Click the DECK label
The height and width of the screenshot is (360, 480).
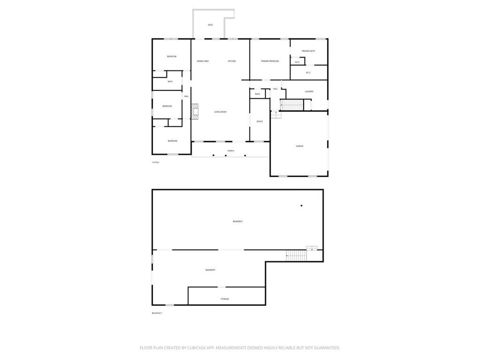tap(210, 25)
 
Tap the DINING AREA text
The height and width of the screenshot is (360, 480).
tap(203, 61)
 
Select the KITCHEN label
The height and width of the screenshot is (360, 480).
tap(232, 61)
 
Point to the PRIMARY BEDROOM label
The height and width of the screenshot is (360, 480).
tap(270, 61)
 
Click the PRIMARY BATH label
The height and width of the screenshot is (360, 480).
tap(308, 51)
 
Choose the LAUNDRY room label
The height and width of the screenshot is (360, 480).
tap(309, 91)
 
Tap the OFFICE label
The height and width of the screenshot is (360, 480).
tap(260, 121)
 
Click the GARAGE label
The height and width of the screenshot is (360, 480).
tap(300, 146)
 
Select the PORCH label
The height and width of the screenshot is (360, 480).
tap(231, 150)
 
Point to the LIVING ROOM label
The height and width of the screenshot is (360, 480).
tap(220, 112)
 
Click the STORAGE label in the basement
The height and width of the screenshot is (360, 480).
tap(225, 299)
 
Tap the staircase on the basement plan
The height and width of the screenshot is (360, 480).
tap(296, 255)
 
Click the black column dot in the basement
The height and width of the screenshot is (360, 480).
tap(301, 206)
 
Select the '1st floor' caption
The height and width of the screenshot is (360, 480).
tap(156, 162)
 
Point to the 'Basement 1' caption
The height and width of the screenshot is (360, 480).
tap(157, 313)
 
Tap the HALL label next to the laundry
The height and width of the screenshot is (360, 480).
tap(276, 89)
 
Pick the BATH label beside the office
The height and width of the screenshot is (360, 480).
tap(257, 94)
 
